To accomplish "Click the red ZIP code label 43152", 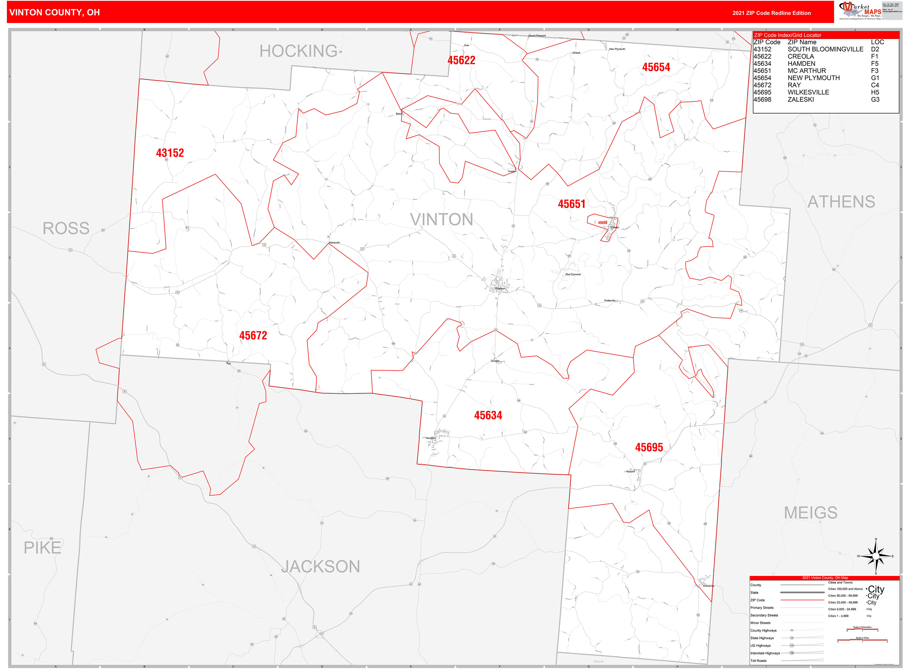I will tap(170, 153).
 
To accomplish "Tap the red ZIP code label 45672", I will tap(253, 336).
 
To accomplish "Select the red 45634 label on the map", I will tap(488, 416).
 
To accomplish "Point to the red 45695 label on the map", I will tap(649, 447).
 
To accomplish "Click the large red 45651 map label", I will tap(571, 204).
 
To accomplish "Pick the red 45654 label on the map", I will tap(656, 67).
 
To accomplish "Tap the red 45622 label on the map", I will tap(461, 60).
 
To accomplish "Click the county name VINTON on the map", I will tap(441, 219).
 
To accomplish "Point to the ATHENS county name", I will tap(841, 202).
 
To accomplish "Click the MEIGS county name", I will tap(810, 513).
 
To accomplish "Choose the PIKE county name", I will tap(42, 548).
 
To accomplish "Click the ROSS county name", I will tap(66, 228).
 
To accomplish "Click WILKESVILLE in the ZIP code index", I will tap(808, 92).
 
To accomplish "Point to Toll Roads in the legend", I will tap(758, 661).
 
